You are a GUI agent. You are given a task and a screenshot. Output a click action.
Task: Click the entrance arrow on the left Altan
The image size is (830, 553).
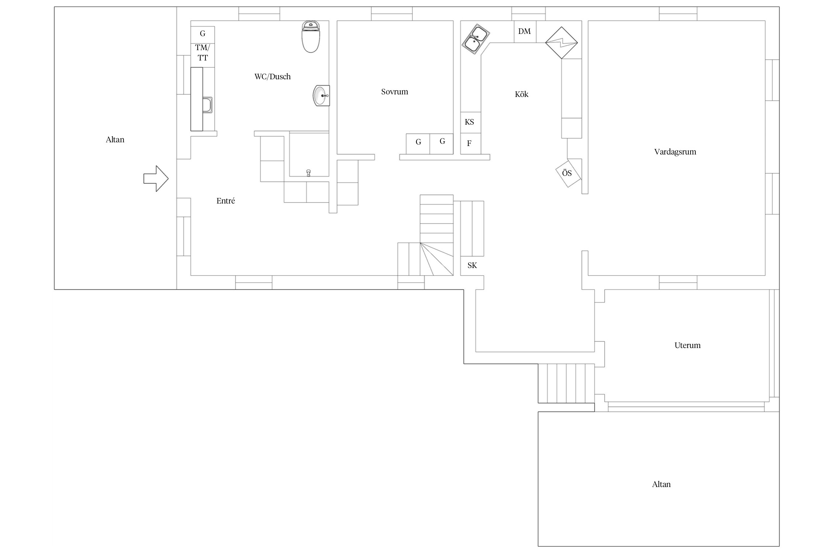coord(156,178)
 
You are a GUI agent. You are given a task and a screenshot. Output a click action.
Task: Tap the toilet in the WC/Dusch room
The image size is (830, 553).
coord(311,36)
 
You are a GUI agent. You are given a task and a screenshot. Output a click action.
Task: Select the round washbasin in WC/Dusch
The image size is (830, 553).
coord(321,95)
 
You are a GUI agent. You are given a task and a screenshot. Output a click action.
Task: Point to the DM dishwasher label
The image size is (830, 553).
coord(524,31)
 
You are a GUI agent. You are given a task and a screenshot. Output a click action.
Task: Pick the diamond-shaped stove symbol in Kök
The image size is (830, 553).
coord(561,43)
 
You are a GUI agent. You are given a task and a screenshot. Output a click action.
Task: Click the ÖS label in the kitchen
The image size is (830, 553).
coord(567,173)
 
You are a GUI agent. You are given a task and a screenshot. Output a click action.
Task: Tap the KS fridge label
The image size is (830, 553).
coord(469,122)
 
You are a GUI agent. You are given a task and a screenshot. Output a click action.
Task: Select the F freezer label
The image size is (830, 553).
coord(469,143)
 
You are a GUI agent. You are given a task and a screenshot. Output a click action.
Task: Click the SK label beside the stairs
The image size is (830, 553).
coord(472,265)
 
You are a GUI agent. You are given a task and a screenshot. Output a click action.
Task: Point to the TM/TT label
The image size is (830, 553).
coord(203,53)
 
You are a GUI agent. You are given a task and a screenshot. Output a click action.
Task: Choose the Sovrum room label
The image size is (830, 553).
coord(395,92)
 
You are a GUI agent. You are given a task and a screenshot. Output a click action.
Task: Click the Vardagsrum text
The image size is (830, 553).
coord(675,152)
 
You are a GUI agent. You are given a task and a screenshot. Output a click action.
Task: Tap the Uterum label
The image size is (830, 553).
coord(688,345)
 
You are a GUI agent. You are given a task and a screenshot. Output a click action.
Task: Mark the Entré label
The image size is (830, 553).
coord(226,201)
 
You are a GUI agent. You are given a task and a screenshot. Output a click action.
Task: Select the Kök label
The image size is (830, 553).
coord(522,94)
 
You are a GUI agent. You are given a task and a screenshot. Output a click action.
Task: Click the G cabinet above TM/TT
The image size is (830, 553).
coord(203,34)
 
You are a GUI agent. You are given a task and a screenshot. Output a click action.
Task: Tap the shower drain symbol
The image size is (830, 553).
coord(308,173)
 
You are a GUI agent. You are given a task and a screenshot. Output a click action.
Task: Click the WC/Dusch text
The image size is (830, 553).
coord(273,77)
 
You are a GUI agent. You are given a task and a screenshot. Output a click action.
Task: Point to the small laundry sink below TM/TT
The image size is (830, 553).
coord(207,105)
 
